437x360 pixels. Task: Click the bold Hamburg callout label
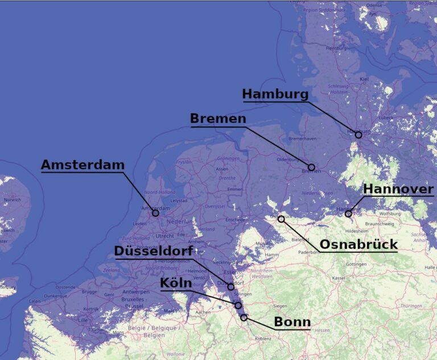click(275, 94)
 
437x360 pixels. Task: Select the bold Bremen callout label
click(218, 118)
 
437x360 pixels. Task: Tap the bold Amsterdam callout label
click(83, 165)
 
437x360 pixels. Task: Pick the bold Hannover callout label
click(398, 189)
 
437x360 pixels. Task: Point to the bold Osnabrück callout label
click(358, 244)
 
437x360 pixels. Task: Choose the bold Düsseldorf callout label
click(153, 251)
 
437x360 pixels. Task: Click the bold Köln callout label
click(176, 283)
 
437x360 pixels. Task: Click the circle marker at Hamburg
click(358, 135)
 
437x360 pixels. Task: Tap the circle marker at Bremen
click(311, 167)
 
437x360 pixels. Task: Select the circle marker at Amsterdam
click(155, 213)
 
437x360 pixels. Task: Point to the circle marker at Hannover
click(348, 214)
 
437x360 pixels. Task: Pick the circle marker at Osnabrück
click(281, 219)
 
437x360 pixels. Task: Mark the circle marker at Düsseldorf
click(231, 287)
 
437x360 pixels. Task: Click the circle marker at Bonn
click(244, 317)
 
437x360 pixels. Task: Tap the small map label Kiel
click(365, 79)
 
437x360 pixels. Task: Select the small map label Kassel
click(339, 278)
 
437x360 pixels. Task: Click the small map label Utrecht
click(164, 236)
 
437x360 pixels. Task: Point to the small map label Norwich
click(12, 200)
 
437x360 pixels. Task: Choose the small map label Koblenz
click(263, 338)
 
